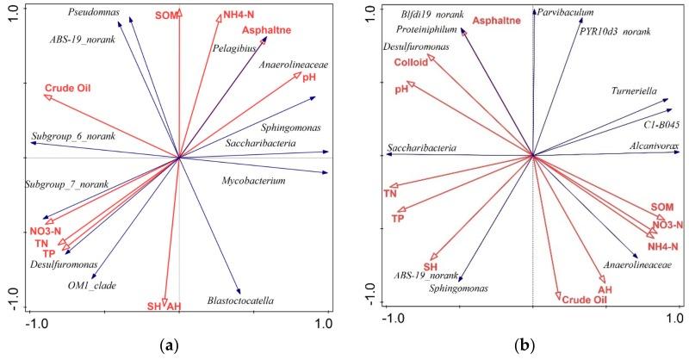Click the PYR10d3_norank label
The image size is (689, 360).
pyautogui.click(x=616, y=32)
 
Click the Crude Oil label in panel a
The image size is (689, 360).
pyautogui.click(x=68, y=88)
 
